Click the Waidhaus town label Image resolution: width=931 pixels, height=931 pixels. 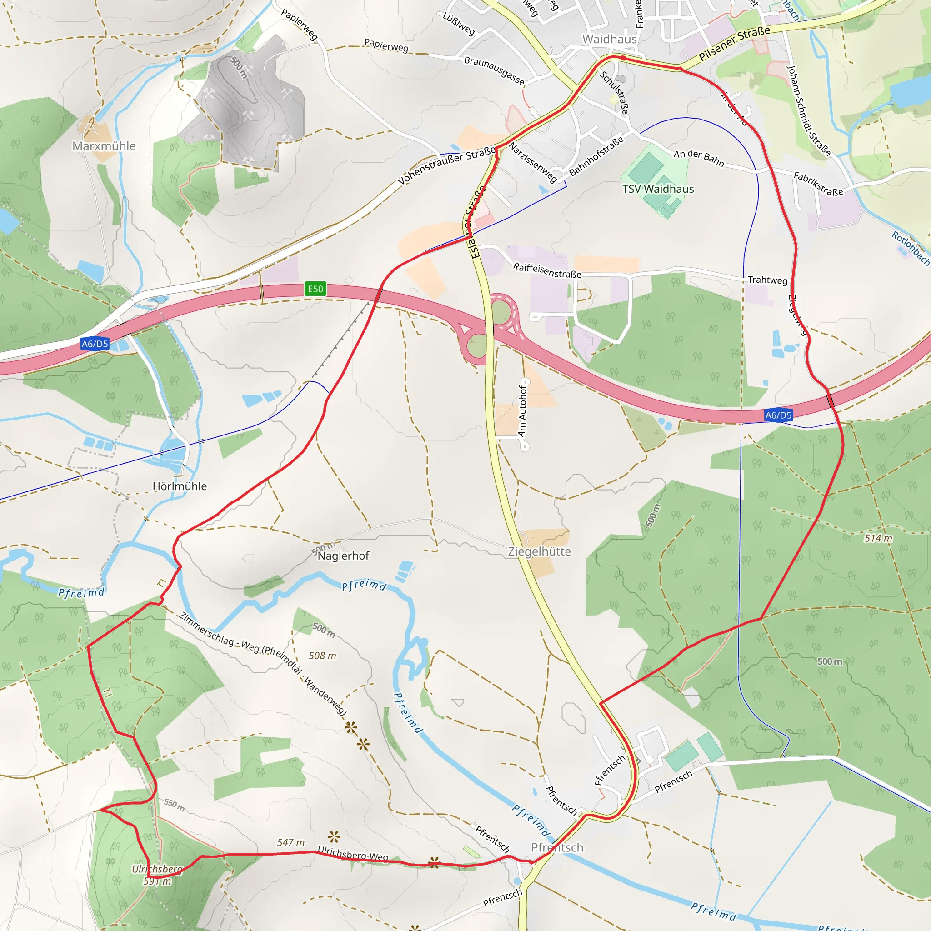609,39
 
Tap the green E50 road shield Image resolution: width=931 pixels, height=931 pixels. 315,289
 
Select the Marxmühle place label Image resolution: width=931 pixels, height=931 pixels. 104,145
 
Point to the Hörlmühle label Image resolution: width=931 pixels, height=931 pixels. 179,486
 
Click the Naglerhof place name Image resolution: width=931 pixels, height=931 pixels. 343,556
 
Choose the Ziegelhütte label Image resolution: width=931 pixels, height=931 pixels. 539,551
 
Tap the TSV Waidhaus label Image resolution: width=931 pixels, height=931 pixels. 658,189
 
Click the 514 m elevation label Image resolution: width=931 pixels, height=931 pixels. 878,538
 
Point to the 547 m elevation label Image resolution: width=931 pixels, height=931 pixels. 290,842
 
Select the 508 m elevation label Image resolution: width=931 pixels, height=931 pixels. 322,656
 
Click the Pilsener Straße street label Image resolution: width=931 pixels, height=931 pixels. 735,43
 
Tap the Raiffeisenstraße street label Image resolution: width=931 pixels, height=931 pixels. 547,270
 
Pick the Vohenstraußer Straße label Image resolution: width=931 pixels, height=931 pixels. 447,165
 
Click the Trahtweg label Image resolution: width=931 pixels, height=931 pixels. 767,280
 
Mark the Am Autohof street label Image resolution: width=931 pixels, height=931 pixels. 522,411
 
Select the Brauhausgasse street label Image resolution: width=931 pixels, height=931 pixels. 494,70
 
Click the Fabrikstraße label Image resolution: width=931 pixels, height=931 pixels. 818,184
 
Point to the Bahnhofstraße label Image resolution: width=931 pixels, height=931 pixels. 596,156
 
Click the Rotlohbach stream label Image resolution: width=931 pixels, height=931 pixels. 910,248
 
